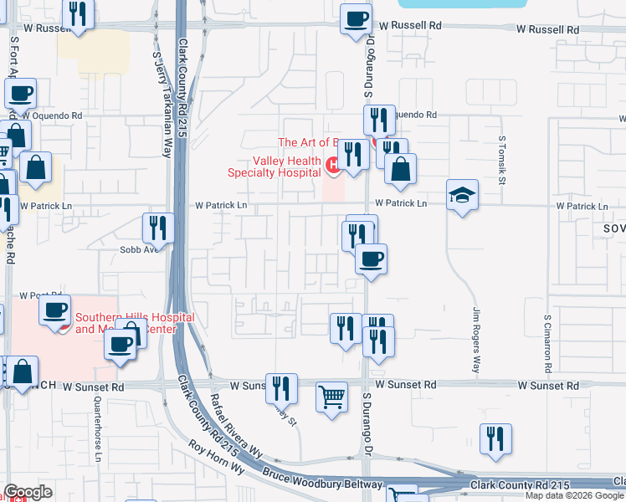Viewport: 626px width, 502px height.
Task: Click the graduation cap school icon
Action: [462, 196]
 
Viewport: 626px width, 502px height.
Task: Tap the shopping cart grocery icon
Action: [332, 397]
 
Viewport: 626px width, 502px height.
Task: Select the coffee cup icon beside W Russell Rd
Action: [356, 18]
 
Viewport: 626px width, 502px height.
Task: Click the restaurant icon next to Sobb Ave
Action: [156, 228]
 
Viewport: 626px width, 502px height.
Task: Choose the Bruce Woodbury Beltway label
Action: [323, 480]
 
